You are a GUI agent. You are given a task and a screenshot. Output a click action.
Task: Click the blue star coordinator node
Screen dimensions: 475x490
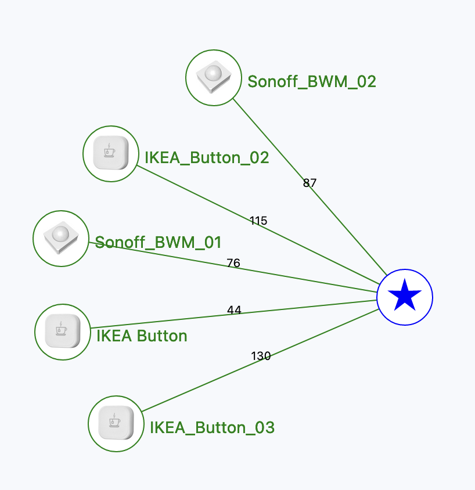tap(405, 297)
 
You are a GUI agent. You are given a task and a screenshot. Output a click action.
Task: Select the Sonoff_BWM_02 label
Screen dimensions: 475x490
tap(312, 82)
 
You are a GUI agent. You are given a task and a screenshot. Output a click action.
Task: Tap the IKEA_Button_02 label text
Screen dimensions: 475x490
tap(207, 157)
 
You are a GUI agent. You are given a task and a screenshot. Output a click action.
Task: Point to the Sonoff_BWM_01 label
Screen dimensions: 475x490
tap(158, 243)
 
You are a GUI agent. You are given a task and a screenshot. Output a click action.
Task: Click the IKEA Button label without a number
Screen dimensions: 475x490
tap(142, 336)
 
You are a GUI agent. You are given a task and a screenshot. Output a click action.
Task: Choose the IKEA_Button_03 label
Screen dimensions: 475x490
tap(212, 427)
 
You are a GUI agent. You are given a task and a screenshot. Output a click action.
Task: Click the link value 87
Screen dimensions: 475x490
tap(310, 183)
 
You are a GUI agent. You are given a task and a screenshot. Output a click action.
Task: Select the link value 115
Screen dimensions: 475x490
tap(258, 221)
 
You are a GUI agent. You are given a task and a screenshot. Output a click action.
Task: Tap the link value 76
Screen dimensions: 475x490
tap(233, 263)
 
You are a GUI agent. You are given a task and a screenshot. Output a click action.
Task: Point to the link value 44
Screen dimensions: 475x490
tap(234, 310)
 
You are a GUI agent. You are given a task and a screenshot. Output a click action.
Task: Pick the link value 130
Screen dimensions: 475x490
tap(261, 356)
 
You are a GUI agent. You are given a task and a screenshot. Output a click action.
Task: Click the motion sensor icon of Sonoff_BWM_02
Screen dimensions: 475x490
tap(214, 77)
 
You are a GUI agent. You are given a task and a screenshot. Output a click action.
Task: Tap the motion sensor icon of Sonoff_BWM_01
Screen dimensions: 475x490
tap(61, 238)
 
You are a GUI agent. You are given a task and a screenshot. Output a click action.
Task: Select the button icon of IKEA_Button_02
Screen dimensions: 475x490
tap(111, 153)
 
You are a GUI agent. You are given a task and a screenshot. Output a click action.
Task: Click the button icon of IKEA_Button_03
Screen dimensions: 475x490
tap(116, 423)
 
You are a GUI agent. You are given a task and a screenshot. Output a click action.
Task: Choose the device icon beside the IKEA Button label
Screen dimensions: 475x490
tap(63, 331)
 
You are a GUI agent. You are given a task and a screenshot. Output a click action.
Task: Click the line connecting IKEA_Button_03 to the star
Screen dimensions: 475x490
tap(260, 361)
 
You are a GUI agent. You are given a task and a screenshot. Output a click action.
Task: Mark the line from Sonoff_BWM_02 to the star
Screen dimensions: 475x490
tap(310, 187)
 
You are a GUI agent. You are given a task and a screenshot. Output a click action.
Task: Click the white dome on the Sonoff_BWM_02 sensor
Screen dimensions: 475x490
tap(214, 73)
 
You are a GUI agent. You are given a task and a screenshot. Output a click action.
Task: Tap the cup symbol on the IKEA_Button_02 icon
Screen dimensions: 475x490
tap(109, 151)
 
